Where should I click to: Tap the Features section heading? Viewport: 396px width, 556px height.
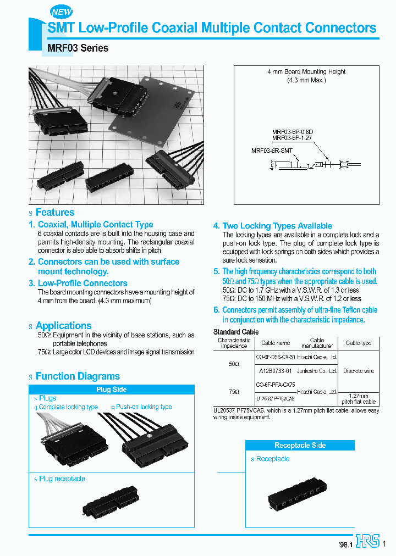click(x=54, y=213)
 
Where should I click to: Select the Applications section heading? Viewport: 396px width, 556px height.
click(x=63, y=326)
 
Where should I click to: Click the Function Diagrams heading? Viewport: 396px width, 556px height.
click(x=78, y=376)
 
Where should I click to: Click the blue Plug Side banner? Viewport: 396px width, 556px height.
click(x=112, y=390)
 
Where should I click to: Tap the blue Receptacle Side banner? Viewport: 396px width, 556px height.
click(x=300, y=445)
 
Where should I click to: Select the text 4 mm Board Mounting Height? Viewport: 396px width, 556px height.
click(x=299, y=72)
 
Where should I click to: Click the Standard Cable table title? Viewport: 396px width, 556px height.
click(x=235, y=332)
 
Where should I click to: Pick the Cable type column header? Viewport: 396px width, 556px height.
click(x=358, y=343)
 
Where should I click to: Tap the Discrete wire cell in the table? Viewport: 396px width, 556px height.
click(x=358, y=371)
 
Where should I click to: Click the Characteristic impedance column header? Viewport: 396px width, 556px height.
click(x=234, y=343)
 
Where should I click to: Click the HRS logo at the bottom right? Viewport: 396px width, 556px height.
click(x=368, y=541)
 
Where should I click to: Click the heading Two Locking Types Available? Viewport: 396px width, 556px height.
click(x=277, y=226)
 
